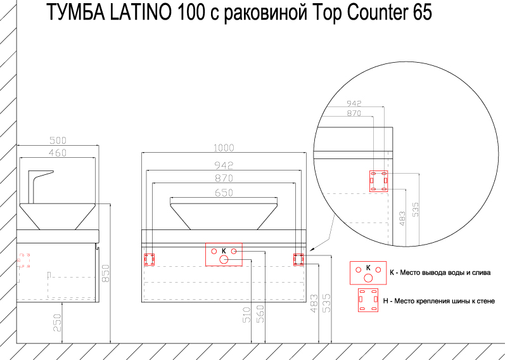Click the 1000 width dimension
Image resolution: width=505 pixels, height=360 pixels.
224,148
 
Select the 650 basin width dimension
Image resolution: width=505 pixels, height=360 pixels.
224,193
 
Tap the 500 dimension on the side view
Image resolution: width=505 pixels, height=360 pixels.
58,141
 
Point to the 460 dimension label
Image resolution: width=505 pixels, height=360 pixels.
58,153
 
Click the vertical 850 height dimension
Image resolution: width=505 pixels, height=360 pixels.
106,273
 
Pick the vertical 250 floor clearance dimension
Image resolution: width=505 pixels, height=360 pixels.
57,323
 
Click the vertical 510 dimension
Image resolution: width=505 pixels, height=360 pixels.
246,316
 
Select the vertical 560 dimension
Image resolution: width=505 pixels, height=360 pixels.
260,314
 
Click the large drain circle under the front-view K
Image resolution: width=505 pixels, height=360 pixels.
224,259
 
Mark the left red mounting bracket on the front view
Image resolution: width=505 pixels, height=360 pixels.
149,259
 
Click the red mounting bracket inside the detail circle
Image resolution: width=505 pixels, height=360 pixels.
379,181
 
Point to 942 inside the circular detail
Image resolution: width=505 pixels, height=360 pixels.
354,103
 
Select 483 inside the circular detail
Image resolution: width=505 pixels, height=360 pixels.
402,218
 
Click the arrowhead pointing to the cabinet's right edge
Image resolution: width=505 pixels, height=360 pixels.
312,250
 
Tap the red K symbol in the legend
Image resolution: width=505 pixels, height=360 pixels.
368,273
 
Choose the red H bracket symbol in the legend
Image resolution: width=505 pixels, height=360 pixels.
368,300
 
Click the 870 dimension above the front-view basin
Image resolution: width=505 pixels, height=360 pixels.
224,178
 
